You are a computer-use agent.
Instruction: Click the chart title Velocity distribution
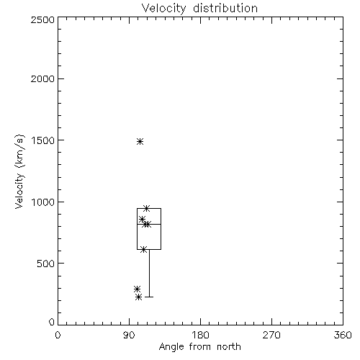pyautogui.click(x=199, y=9)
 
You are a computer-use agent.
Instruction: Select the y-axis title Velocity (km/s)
pyautogui.click(x=19, y=171)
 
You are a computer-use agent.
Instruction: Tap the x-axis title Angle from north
pyautogui.click(x=199, y=347)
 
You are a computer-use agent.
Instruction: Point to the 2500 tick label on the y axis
pyautogui.click(x=42, y=19)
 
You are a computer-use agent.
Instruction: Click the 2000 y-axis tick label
pyautogui.click(x=42, y=78)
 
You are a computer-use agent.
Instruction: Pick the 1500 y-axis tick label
pyautogui.click(x=43, y=140)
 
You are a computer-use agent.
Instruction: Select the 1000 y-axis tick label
pyautogui.click(x=43, y=202)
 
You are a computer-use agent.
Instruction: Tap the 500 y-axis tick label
pyautogui.click(x=46, y=264)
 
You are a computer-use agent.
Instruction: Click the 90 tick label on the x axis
pyautogui.click(x=129, y=335)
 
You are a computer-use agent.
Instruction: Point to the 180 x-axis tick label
pyautogui.click(x=200, y=335)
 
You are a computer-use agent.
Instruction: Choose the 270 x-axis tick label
pyautogui.click(x=271, y=335)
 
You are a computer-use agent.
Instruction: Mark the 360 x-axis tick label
pyautogui.click(x=343, y=335)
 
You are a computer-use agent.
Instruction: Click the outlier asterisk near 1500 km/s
pyautogui.click(x=140, y=142)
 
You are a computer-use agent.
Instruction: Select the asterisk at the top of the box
pyautogui.click(x=147, y=208)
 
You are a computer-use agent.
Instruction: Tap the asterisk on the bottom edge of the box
pyautogui.click(x=143, y=250)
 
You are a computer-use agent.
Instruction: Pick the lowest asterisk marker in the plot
pyautogui.click(x=138, y=297)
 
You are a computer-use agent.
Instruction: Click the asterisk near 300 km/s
pyautogui.click(x=137, y=289)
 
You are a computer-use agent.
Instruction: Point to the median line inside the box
pyautogui.click(x=149, y=224)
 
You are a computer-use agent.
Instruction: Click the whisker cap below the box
pyautogui.click(x=149, y=297)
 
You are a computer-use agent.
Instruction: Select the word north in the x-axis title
pyautogui.click(x=229, y=346)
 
